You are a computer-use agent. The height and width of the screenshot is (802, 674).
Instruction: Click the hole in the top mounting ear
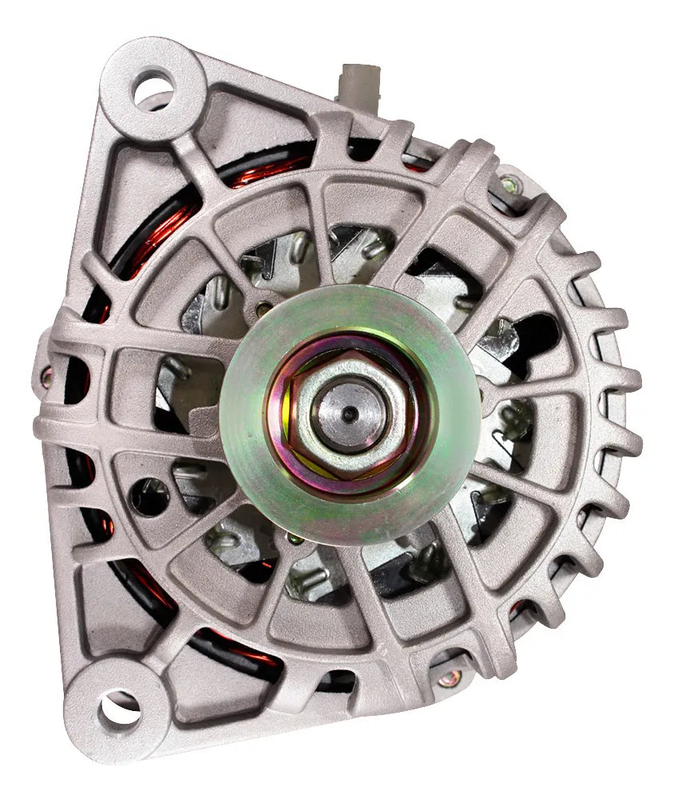coord(152,89)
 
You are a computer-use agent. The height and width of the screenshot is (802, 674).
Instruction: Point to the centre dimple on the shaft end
coord(349,413)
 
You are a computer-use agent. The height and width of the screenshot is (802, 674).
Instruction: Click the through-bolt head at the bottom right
coord(450,679)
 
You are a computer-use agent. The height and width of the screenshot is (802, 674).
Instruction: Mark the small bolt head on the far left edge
coord(46,375)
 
